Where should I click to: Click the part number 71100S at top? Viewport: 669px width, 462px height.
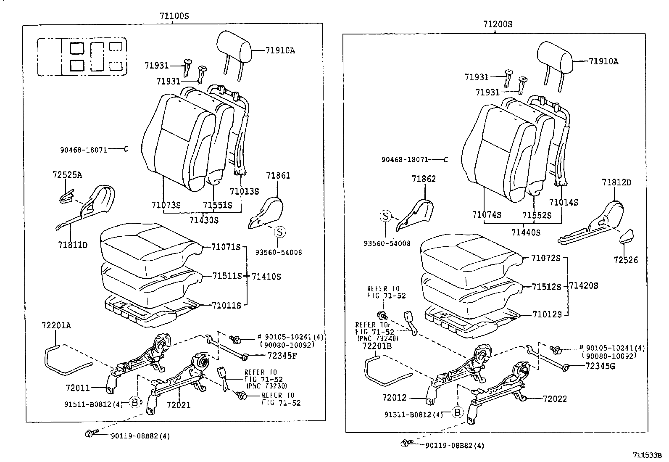174,16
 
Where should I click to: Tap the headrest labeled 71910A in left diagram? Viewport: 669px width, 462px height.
234,46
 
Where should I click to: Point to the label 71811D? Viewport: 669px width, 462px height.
73,244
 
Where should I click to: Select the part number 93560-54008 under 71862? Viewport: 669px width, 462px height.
387,243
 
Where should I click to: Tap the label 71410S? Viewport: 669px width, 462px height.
266,276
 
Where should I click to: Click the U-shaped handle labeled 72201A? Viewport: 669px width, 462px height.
63,362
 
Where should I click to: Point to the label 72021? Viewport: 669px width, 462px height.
178,405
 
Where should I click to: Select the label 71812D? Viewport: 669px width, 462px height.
616,182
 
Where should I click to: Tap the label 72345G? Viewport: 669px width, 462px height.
600,366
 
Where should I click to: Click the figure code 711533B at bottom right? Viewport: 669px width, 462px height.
648,455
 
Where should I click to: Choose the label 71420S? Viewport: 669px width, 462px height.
583,285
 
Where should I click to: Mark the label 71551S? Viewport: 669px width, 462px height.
217,205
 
